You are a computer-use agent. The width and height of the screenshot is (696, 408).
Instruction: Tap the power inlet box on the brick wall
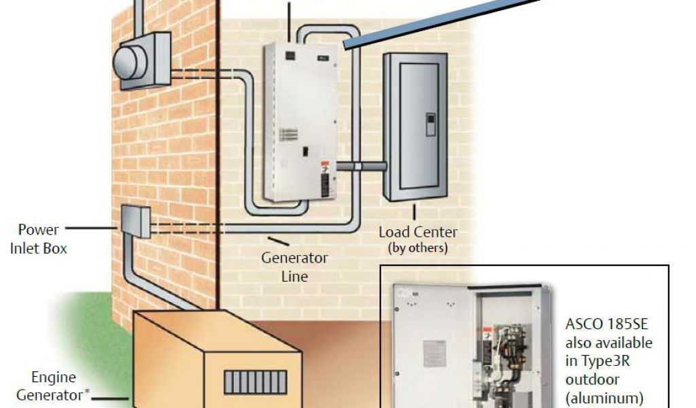pyautogui.click(x=136, y=222)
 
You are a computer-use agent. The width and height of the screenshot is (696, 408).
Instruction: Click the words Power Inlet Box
pyautogui.click(x=38, y=239)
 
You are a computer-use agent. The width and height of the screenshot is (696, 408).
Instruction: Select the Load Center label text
pyautogui.click(x=418, y=233)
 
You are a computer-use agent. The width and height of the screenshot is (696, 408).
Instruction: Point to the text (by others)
pyautogui.click(x=418, y=248)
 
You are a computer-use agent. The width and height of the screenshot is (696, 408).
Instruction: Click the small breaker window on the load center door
pyautogui.click(x=430, y=125)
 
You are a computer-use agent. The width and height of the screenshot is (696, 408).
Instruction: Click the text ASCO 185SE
pyautogui.click(x=606, y=325)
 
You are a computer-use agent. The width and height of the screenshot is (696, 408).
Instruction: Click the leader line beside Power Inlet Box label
pyautogui.click(x=91, y=228)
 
